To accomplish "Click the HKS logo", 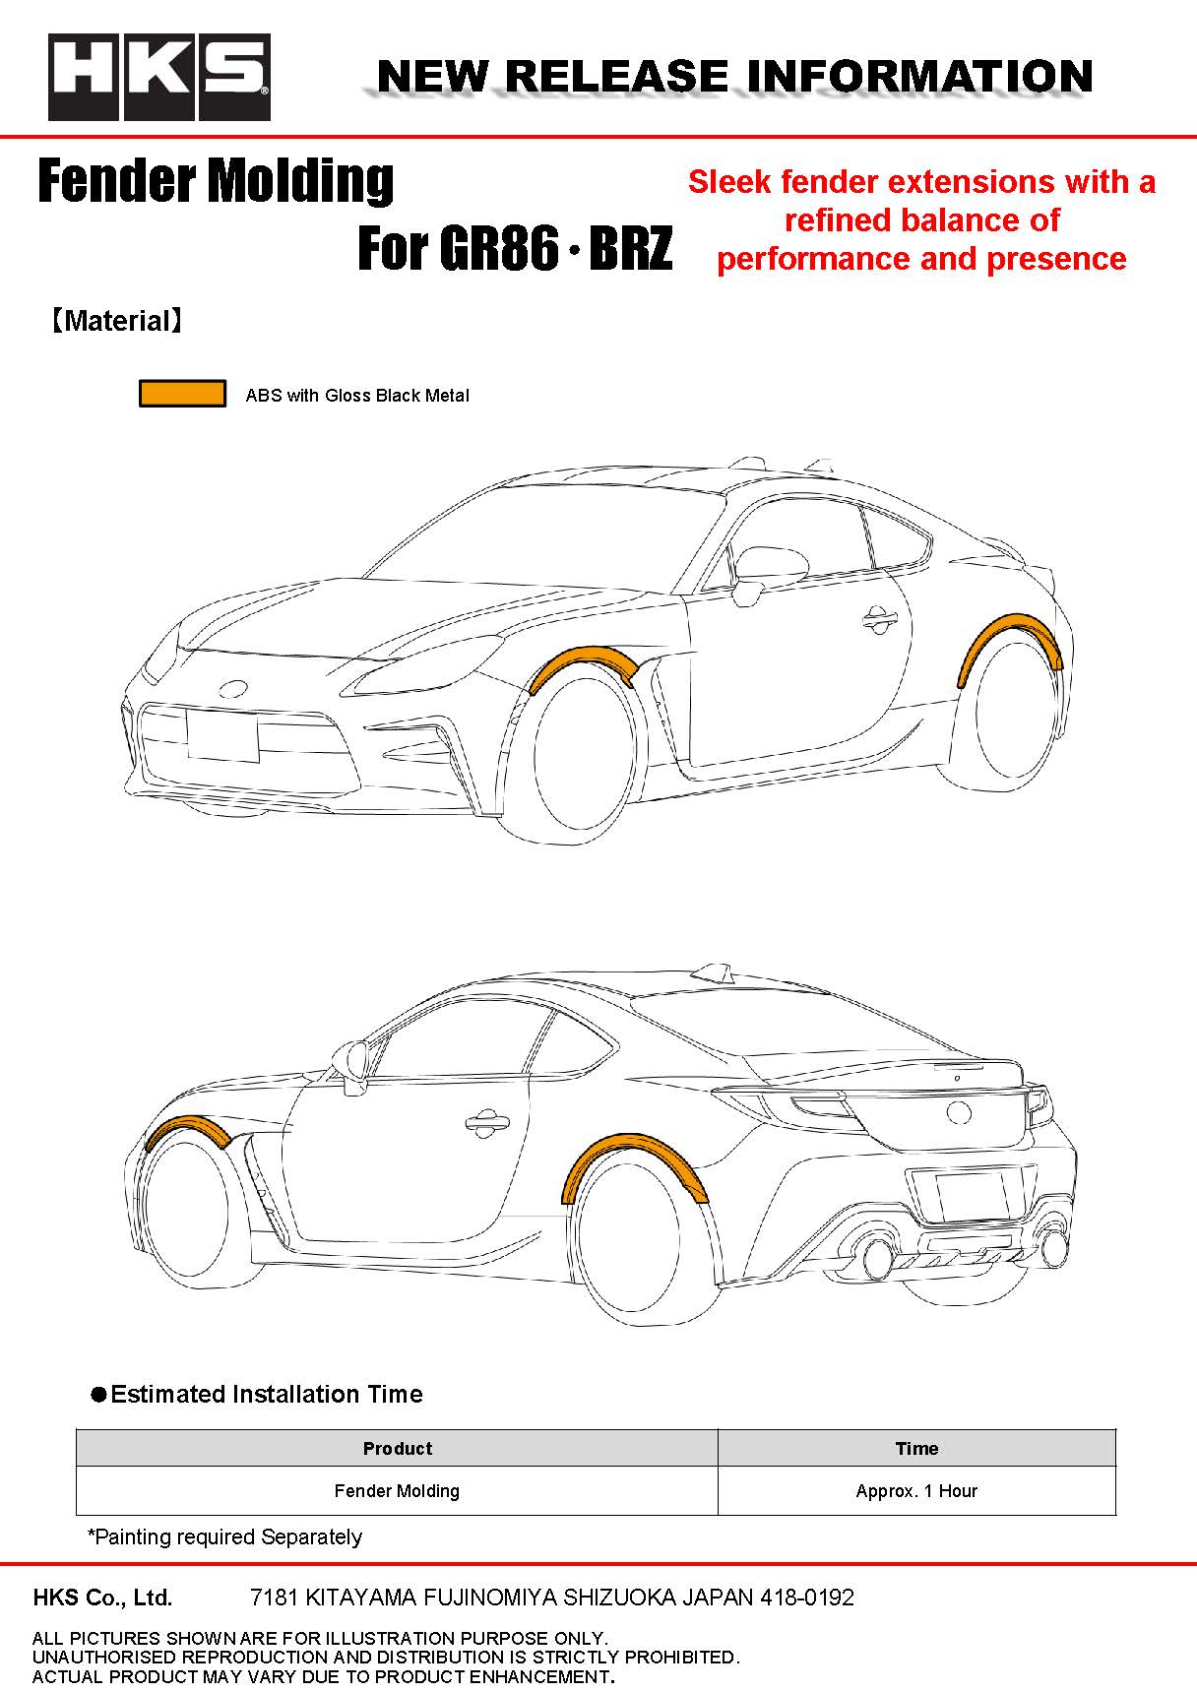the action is pyautogui.click(x=159, y=77).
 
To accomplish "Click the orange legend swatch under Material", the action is pyautogui.click(x=182, y=394).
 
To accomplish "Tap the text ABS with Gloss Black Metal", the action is pyautogui.click(x=357, y=396).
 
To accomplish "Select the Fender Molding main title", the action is pyautogui.click(x=216, y=181).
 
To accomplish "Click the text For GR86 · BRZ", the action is pyautogui.click(x=515, y=248).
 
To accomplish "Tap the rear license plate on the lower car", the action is pyautogui.click(x=972, y=1197).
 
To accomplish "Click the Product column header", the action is pyautogui.click(x=398, y=1448).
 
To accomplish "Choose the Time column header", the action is pyautogui.click(x=916, y=1448).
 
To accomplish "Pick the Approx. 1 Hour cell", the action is pyautogui.click(x=916, y=1490).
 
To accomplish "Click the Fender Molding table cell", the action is pyautogui.click(x=398, y=1490).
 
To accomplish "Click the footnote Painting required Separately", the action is pyautogui.click(x=225, y=1536).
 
